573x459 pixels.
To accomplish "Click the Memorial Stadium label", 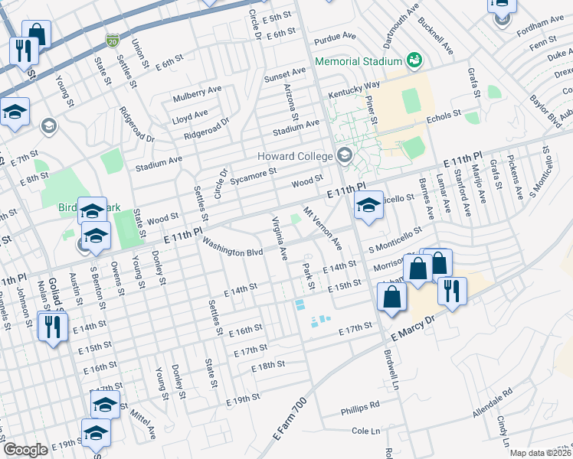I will pyautogui.click(x=359, y=61).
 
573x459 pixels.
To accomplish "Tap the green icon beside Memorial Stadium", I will pyautogui.click(x=414, y=60).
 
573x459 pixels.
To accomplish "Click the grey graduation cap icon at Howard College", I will pyautogui.click(x=344, y=155).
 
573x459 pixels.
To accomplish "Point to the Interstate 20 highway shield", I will pyautogui.click(x=113, y=37).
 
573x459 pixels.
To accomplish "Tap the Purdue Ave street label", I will pyautogui.click(x=335, y=36).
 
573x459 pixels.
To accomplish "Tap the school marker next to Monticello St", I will pyautogui.click(x=368, y=206).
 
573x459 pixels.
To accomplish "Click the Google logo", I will pyautogui.click(x=25, y=450).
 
